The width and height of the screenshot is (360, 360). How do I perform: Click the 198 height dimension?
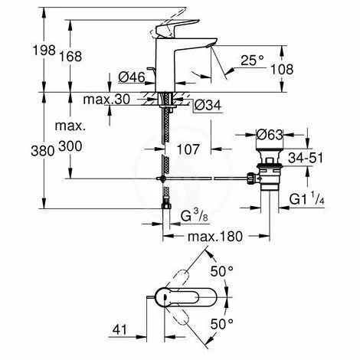(x=44, y=50)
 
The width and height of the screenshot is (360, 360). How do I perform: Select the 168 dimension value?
(x=70, y=56)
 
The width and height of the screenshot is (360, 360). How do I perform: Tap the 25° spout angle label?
(x=252, y=61)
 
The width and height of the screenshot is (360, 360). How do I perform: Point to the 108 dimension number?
(x=282, y=69)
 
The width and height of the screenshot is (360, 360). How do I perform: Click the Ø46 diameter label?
(x=132, y=77)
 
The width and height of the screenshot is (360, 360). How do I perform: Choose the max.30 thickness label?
(x=106, y=99)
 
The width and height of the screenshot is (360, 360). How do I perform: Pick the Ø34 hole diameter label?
(x=208, y=105)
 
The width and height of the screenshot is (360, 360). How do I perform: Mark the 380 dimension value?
(x=43, y=151)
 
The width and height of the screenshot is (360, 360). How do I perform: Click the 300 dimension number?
(x=70, y=146)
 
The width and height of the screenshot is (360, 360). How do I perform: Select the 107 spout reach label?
(x=188, y=149)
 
